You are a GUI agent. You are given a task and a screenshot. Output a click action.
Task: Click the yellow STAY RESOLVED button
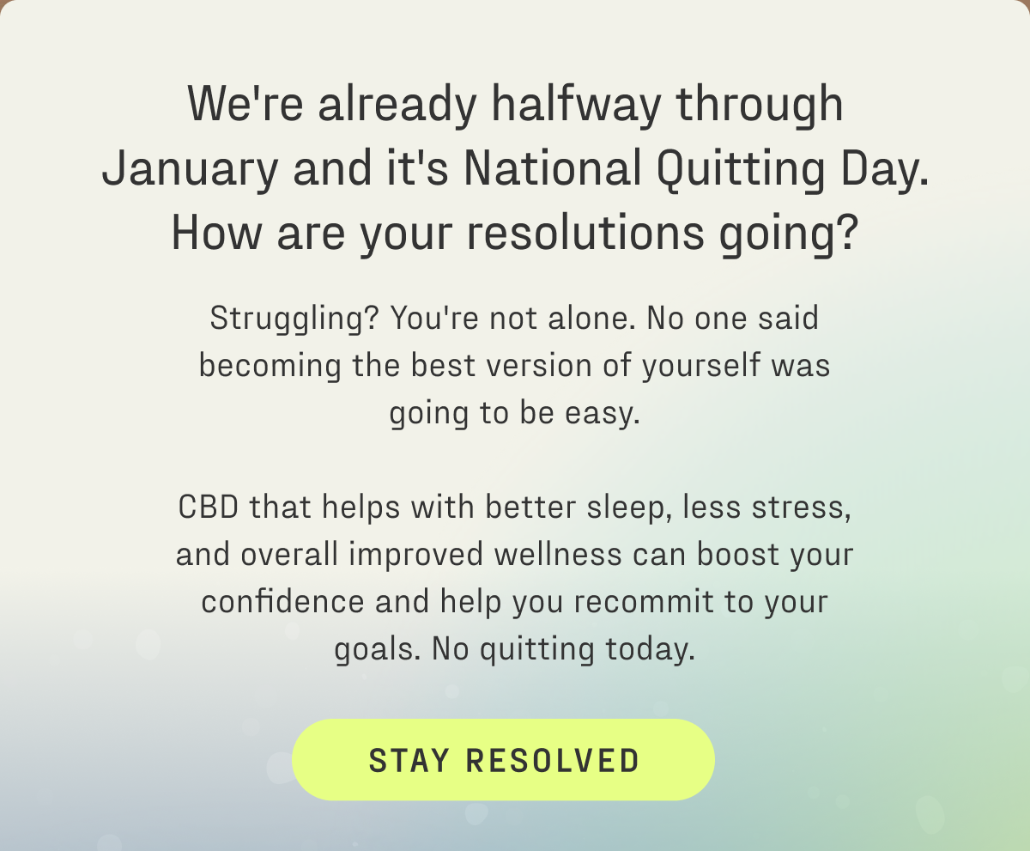pyautogui.click(x=503, y=760)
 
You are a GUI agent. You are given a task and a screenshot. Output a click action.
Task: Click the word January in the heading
pyautogui.click(x=190, y=169)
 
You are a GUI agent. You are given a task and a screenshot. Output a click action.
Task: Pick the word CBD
pyautogui.click(x=209, y=507)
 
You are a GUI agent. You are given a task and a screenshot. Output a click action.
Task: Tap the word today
pyautogui.click(x=650, y=649)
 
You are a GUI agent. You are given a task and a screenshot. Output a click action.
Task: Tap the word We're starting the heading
pyautogui.click(x=247, y=105)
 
